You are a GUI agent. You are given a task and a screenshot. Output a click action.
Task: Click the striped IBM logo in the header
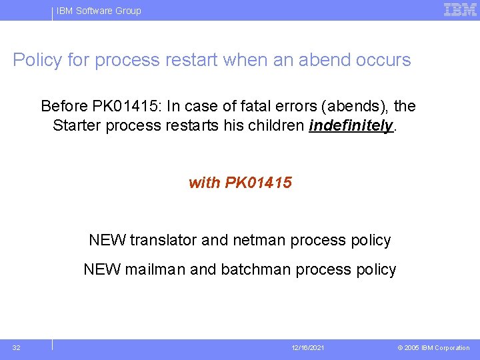click(x=460, y=9)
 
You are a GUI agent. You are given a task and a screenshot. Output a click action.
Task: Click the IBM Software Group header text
click(x=99, y=11)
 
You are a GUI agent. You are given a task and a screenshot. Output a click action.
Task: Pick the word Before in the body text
click(x=64, y=106)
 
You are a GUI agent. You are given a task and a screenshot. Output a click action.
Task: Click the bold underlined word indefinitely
click(x=351, y=126)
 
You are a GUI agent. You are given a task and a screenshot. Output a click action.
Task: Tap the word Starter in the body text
click(x=77, y=126)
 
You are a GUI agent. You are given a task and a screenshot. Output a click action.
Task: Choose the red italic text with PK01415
click(x=240, y=183)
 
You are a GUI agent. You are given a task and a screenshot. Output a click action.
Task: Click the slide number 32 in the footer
click(x=17, y=347)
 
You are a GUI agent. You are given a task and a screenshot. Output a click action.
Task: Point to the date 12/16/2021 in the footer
click(x=308, y=348)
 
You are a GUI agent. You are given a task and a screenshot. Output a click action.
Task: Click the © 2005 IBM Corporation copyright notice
click(x=433, y=348)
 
